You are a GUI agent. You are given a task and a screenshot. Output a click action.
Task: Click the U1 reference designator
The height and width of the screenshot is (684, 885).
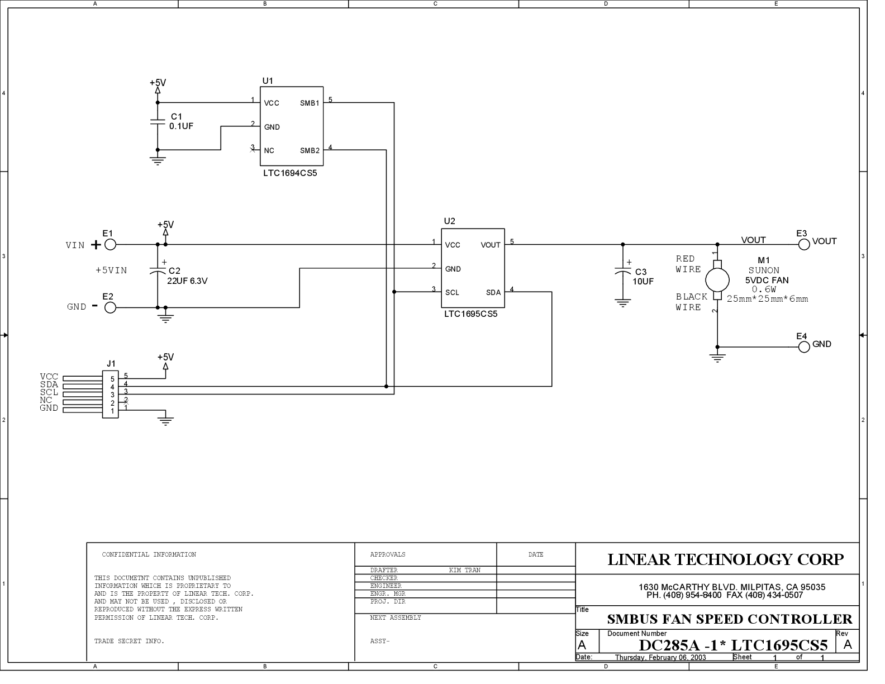click(x=267, y=80)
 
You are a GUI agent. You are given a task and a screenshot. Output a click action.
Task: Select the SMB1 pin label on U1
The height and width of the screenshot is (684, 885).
click(x=310, y=103)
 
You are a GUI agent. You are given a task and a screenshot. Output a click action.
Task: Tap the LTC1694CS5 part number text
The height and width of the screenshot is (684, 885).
click(x=289, y=173)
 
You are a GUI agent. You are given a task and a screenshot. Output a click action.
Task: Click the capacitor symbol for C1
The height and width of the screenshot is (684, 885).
click(x=158, y=122)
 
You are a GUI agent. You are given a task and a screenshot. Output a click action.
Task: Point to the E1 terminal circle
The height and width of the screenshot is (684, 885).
click(x=111, y=244)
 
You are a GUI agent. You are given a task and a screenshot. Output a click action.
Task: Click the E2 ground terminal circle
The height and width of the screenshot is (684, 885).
click(x=111, y=307)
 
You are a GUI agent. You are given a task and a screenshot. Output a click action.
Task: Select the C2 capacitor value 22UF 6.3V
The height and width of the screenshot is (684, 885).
click(x=187, y=281)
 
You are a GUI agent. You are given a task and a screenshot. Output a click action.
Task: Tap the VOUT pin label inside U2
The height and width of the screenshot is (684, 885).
click(x=491, y=245)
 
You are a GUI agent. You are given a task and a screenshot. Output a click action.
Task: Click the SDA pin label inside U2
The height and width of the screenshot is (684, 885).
click(x=493, y=292)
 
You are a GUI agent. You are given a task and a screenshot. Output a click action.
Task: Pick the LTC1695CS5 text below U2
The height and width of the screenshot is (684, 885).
click(x=471, y=314)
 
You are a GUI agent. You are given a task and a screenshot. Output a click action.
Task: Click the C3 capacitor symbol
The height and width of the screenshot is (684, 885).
click(x=623, y=270)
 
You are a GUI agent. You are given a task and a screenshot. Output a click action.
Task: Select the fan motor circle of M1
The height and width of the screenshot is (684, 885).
click(x=717, y=280)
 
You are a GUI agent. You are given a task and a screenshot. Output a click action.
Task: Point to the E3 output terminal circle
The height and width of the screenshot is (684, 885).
click(x=804, y=244)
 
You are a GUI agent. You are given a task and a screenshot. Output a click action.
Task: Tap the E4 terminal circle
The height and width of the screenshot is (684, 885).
click(x=804, y=347)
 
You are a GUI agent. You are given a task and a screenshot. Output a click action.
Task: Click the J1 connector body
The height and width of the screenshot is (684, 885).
click(x=111, y=395)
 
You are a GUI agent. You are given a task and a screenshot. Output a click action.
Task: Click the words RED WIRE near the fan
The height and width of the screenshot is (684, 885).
click(x=688, y=264)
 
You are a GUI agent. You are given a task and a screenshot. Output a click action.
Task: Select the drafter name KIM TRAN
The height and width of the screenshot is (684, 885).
click(x=465, y=571)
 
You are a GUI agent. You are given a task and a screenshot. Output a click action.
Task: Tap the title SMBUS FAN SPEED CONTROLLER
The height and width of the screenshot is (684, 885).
click(x=730, y=619)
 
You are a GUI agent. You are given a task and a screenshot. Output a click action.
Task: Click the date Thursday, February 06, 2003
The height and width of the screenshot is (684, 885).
click(x=660, y=658)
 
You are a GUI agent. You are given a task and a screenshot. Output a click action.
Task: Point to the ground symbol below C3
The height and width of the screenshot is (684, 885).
click(x=623, y=303)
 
